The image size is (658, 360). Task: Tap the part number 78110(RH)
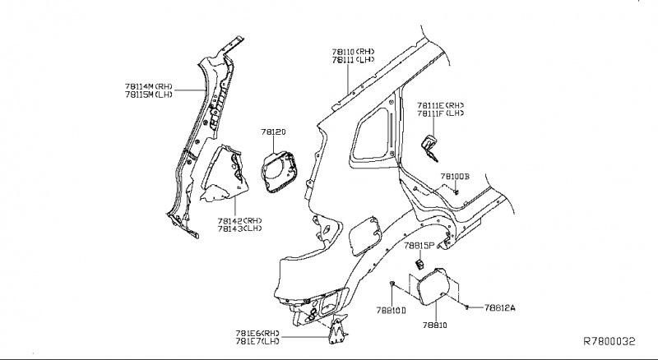click(354, 51)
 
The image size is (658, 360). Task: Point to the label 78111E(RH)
click(441, 105)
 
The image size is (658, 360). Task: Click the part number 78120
click(273, 132)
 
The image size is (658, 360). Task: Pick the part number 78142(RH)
click(240, 220)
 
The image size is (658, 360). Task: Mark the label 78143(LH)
click(240, 229)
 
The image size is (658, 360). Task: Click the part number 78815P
click(420, 245)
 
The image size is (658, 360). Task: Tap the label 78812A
click(499, 307)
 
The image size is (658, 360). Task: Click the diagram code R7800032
click(610, 340)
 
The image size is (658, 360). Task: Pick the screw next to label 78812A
click(467, 307)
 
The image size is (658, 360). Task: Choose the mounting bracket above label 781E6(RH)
click(337, 327)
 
